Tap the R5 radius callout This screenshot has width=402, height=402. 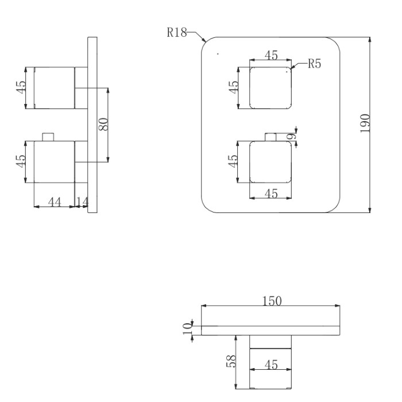coord(314,64)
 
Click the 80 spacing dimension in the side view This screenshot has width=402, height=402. coord(103,125)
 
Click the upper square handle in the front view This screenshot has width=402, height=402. coord(270,87)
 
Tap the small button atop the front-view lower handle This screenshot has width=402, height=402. coord(271,137)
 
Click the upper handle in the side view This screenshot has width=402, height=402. coord(55,87)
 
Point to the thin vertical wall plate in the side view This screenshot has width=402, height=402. coord(92,125)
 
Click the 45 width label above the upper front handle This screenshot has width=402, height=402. coord(270,55)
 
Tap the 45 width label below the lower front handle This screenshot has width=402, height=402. coord(271,194)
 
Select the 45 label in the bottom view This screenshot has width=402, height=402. coord(271,364)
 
